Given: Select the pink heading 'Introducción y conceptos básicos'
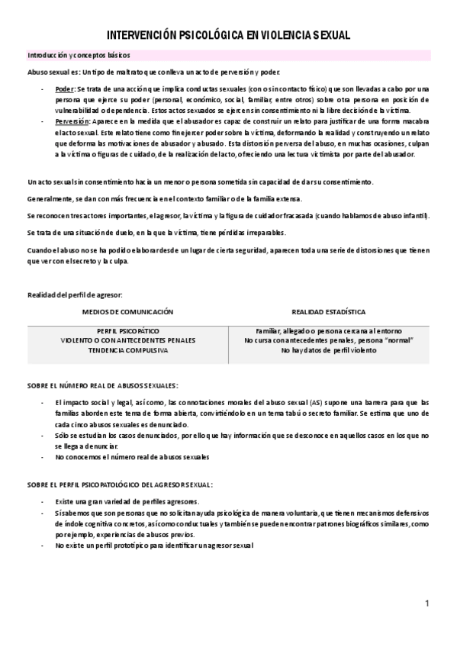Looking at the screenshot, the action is pyautogui.click(x=79, y=56).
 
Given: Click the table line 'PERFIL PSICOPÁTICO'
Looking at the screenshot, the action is pyautogui.click(x=128, y=331).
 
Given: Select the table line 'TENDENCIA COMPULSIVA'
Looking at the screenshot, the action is pyautogui.click(x=128, y=350).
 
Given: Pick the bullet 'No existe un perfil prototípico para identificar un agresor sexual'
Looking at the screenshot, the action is pyautogui.click(x=153, y=546).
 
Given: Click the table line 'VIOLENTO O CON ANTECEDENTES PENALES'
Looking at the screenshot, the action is pyautogui.click(x=128, y=340).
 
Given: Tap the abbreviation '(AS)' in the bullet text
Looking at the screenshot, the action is pyautogui.click(x=316, y=402).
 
